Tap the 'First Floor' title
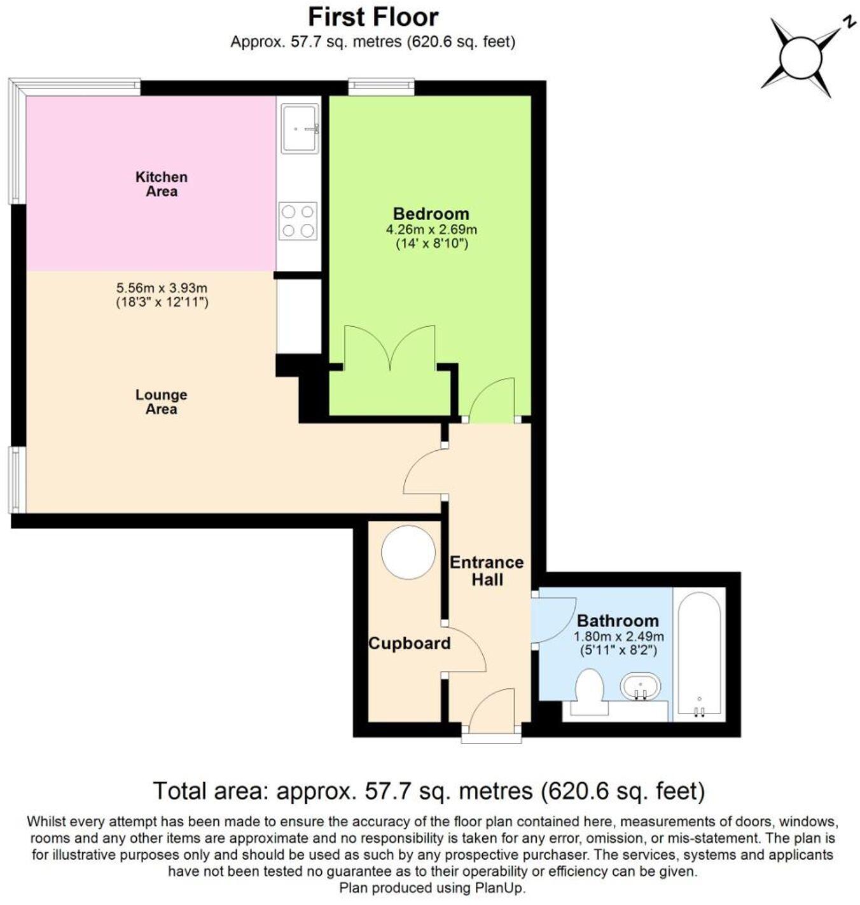pos(373,17)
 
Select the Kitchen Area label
pos(162,184)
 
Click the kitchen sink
pos(300,128)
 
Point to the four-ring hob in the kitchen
pos(298,221)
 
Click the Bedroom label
pos(431,214)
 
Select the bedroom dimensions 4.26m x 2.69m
pos(431,230)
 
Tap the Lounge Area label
pos(161,402)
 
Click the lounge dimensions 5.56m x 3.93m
pos(162,288)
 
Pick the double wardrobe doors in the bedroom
pos(390,348)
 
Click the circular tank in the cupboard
pos(408,551)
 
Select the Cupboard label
pos(409,643)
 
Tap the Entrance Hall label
pos(487,570)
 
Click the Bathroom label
pos(617,620)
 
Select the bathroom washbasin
pos(640,687)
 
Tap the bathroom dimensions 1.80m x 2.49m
pos(618,637)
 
